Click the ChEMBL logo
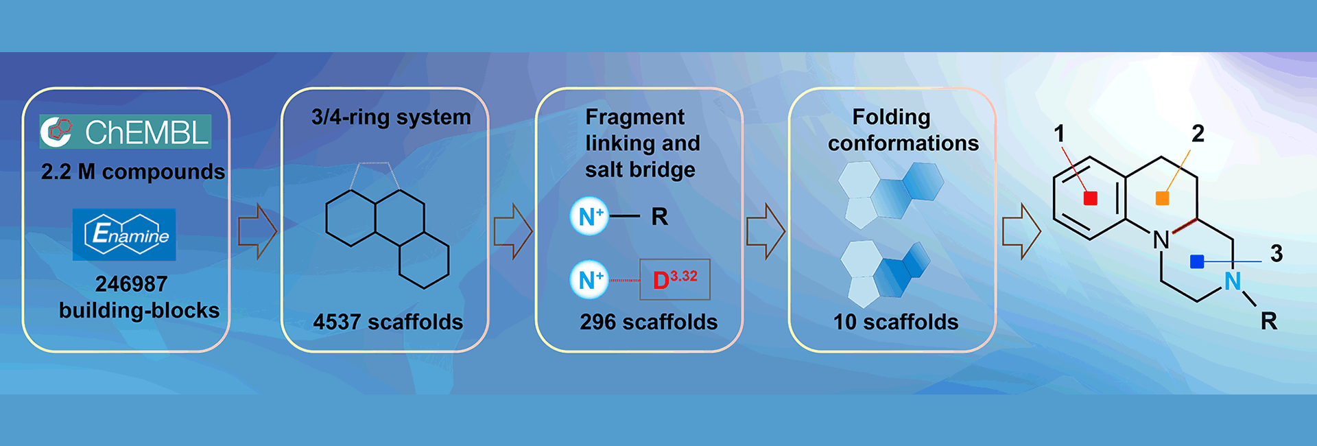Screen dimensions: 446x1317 (126, 132)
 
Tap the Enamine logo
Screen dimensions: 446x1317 (124, 235)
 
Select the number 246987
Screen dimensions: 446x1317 (131, 283)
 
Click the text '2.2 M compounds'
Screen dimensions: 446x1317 (132, 172)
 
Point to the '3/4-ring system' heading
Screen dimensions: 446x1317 (391, 117)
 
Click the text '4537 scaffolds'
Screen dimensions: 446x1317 (388, 322)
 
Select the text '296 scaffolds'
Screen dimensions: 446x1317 (648, 322)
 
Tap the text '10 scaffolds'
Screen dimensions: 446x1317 (895, 322)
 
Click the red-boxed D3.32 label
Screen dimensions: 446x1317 (674, 279)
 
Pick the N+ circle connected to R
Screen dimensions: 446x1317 (589, 217)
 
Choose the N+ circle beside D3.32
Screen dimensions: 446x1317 (589, 279)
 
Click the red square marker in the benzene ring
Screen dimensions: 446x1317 (1090, 198)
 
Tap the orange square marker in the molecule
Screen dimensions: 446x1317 (1162, 198)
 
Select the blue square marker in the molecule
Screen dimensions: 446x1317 (1197, 261)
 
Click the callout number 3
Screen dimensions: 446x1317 (1276, 253)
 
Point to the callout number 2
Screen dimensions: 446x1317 (1198, 133)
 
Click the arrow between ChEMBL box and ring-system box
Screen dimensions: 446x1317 (257, 231)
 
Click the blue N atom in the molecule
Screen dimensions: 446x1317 (1233, 281)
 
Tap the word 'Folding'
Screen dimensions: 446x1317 (891, 117)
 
